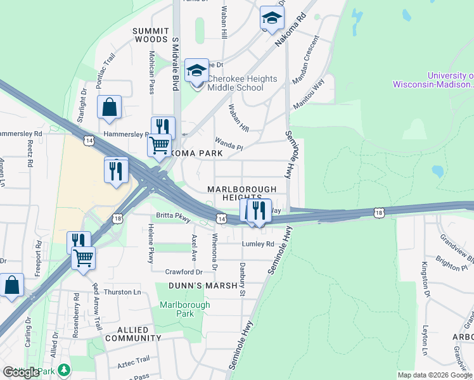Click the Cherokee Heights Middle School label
click(x=243, y=83)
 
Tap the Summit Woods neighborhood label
click(x=150, y=35)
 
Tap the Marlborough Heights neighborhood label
click(x=242, y=193)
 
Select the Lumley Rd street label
click(x=258, y=244)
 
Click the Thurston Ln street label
click(x=122, y=292)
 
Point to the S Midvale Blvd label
click(x=176, y=64)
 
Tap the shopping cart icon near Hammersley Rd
click(x=159, y=145)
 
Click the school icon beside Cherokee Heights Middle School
click(x=196, y=71)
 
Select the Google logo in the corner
click(x=21, y=372)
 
